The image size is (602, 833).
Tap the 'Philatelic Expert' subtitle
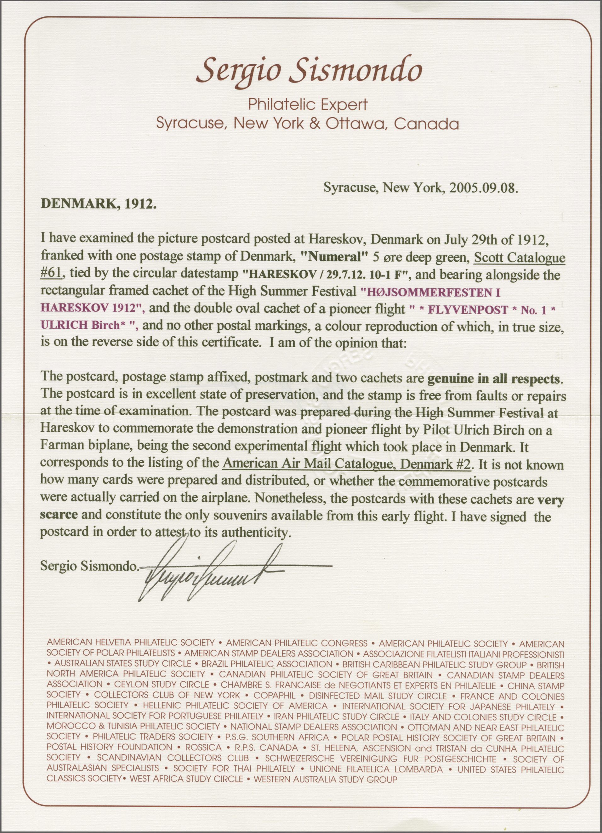[308, 105]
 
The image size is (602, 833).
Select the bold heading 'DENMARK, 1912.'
[99, 204]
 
